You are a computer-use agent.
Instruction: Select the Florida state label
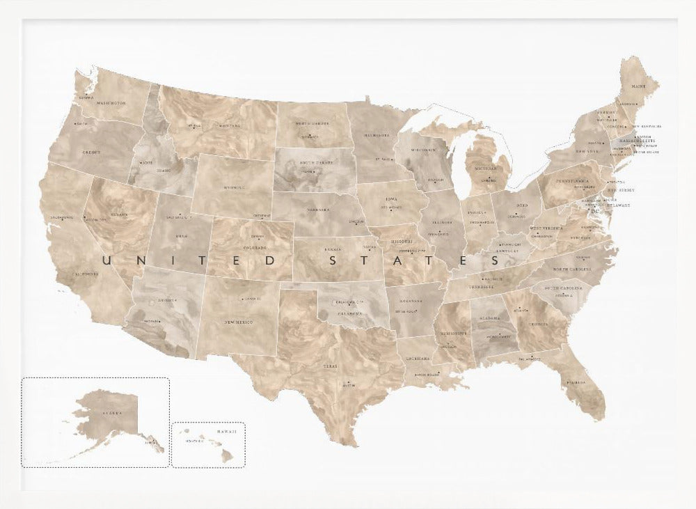point(576,382)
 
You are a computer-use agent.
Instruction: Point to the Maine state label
point(638,86)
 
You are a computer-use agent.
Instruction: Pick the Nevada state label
point(118,214)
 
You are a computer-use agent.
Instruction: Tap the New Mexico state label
point(239,322)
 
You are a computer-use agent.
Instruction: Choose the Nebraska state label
point(319,209)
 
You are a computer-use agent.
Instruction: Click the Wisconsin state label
point(422,150)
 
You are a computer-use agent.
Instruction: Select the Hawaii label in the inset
point(226,432)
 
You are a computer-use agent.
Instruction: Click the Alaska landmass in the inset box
point(104,414)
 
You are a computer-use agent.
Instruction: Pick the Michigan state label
point(487,169)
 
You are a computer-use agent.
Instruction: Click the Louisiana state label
point(418,358)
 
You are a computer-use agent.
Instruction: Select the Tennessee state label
point(480,286)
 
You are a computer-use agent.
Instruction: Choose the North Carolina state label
point(572,269)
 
